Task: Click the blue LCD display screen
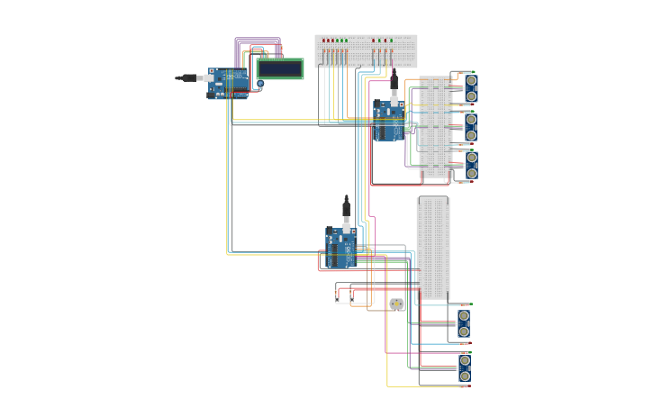[280, 68]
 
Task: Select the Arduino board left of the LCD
[229, 83]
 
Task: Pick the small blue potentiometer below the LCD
[260, 85]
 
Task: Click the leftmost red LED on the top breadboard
[324, 41]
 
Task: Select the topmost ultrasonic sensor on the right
[470, 87]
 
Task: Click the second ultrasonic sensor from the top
[470, 127]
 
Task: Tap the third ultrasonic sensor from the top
[470, 165]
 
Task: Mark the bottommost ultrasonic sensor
[464, 368]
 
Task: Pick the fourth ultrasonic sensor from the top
[463, 324]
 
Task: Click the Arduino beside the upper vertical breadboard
[390, 120]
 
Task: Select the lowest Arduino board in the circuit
[341, 248]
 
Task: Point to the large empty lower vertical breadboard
[433, 249]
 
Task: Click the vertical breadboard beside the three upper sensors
[436, 127]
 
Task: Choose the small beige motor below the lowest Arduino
[397, 304]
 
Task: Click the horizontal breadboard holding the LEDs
[366, 51]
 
